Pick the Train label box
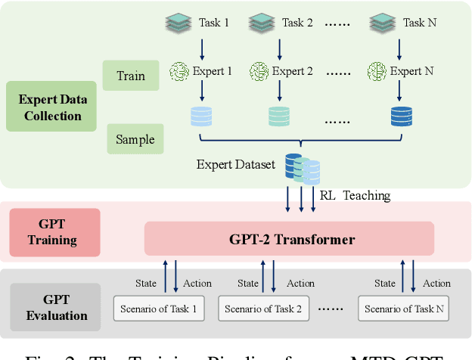[131, 76]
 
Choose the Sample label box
[135, 139]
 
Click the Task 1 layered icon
[179, 23]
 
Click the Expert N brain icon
[377, 72]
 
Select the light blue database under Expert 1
[202, 116]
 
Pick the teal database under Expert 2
[278, 116]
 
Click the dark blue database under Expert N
[401, 116]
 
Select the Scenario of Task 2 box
[263, 308]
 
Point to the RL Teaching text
[354, 196]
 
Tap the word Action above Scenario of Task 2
[300, 283]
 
